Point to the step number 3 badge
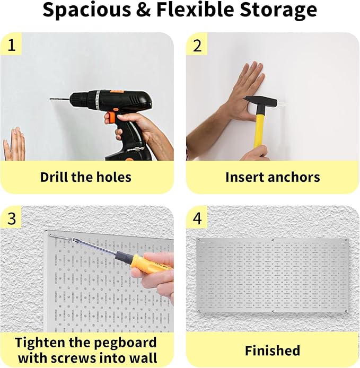click(11, 218)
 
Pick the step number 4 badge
click(197, 218)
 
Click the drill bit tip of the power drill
click(51, 99)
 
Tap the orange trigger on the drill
click(111, 116)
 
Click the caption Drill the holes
click(86, 177)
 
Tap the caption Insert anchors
click(273, 177)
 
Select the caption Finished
click(273, 351)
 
